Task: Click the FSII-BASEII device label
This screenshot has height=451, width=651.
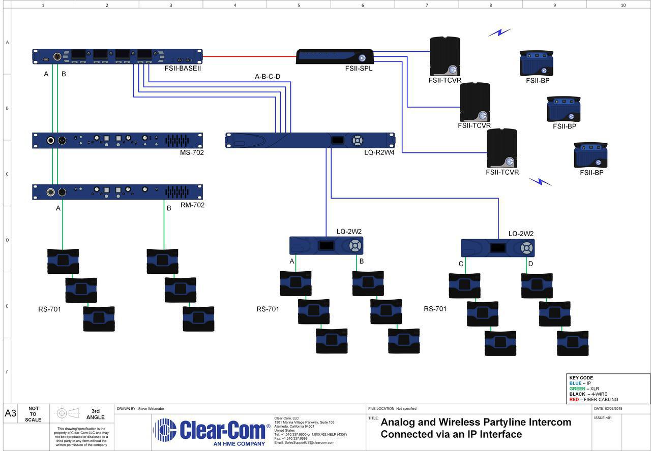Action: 183,68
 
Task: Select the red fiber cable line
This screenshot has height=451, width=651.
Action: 249,56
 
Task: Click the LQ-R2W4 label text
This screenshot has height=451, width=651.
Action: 379,152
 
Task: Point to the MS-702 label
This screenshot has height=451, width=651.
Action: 192,152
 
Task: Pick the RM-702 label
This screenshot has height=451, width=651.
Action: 192,205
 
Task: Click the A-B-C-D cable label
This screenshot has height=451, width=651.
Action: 268,77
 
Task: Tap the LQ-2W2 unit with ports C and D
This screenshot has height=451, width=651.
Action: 497,248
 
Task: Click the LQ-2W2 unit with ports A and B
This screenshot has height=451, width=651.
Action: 326,246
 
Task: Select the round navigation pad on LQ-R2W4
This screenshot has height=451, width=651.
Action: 358,140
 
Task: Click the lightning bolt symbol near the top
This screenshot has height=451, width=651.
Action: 499,33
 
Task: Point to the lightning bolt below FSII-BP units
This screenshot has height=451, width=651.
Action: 540,181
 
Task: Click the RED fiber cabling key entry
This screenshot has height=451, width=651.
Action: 594,400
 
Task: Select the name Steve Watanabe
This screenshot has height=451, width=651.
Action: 151,408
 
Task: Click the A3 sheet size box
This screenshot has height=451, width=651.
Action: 10,413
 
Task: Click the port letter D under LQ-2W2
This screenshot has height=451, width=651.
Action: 530,264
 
